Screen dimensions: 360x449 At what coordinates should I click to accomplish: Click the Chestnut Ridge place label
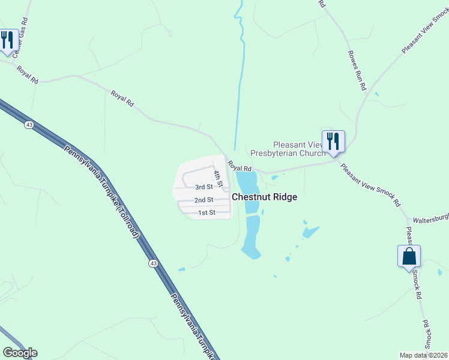264,197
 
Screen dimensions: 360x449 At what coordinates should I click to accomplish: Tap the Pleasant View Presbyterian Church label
288,149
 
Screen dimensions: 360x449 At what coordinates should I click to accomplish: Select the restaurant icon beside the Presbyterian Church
333,142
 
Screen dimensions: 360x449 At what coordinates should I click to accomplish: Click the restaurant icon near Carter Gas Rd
7,40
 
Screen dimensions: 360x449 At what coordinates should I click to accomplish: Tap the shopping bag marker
409,256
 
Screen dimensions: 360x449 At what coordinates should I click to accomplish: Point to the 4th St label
218,178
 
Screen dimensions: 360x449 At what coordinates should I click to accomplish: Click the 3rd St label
204,187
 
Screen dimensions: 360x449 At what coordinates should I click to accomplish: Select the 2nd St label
204,200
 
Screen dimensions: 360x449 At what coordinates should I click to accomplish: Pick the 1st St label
206,212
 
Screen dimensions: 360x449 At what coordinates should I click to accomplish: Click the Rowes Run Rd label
357,70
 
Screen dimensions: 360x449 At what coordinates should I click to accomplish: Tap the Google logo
20,353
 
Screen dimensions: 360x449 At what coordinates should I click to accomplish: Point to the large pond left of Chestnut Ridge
249,192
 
